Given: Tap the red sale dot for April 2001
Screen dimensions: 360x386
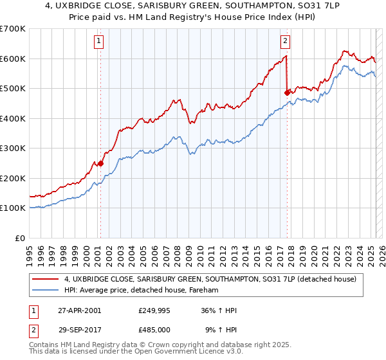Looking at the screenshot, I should [x=100, y=163].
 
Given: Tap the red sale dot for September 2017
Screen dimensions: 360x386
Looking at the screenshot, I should [x=287, y=93].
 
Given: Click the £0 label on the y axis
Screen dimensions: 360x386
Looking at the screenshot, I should [x=20, y=238].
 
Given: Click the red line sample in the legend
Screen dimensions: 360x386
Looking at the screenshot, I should [x=45, y=280].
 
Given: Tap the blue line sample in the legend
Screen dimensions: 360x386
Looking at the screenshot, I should [x=45, y=291].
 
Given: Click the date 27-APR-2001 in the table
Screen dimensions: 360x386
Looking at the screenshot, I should [x=79, y=310].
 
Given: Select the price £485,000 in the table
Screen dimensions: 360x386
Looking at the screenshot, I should [x=154, y=329].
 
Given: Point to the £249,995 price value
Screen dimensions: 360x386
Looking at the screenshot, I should [x=154, y=310].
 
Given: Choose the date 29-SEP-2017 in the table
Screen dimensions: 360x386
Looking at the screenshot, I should [x=79, y=329].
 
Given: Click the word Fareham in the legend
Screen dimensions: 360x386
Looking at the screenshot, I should [x=205, y=291].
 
